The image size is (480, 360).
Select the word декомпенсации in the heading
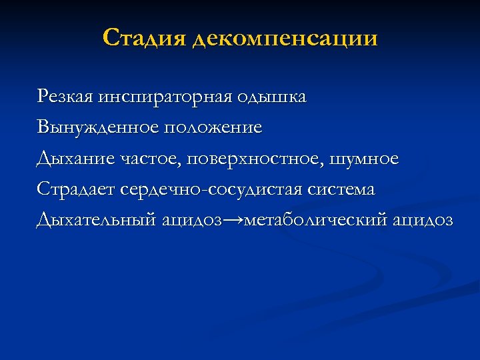click(x=284, y=39)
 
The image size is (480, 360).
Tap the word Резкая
click(x=65, y=97)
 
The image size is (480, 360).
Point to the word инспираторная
click(x=163, y=97)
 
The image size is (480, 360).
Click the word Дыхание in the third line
click(x=75, y=159)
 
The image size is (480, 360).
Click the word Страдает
click(x=77, y=189)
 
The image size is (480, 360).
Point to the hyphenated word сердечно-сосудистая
click(x=213, y=189)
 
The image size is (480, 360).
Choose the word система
click(x=342, y=189)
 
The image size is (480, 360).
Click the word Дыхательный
click(x=97, y=220)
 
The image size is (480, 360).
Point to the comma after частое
click(x=182, y=163)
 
